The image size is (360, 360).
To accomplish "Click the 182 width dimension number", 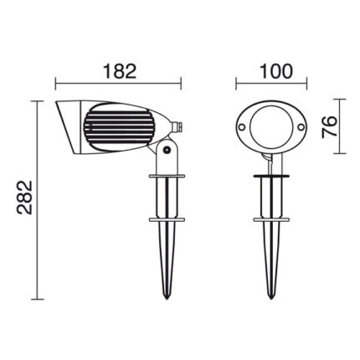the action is click(120, 71).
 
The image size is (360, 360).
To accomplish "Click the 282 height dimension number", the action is click(25, 198).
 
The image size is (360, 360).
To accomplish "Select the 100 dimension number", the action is click(276, 71).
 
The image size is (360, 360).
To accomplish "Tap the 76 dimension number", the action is click(329, 127).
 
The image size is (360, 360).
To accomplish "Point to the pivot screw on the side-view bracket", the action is click(167, 149).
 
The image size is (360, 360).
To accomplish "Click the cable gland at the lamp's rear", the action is click(177, 127).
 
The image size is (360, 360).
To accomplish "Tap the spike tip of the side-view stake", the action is click(167, 299).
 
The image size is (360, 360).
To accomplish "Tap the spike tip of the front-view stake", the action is click(270, 299).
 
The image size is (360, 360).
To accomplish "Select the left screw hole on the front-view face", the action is click(241, 126).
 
